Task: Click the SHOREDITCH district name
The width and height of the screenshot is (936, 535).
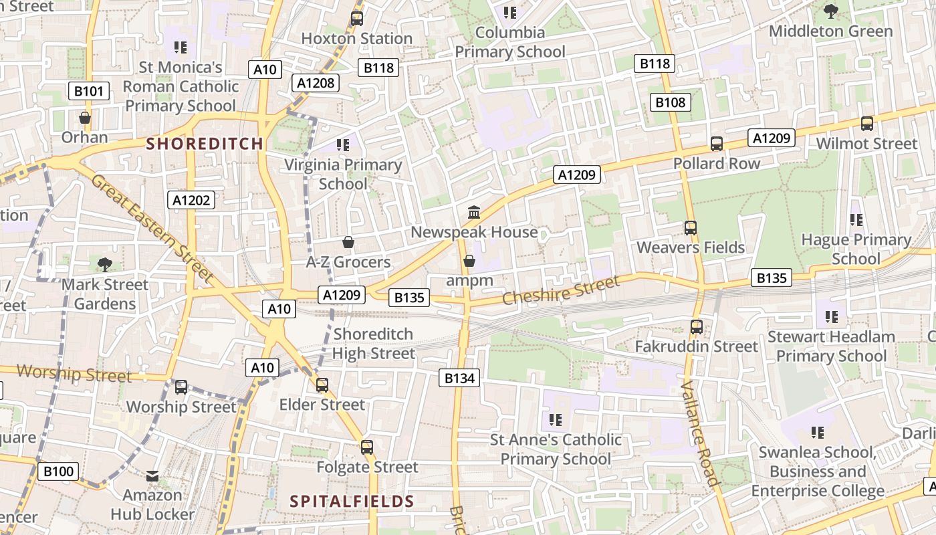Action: point(205,143)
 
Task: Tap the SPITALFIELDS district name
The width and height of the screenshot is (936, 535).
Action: point(352,501)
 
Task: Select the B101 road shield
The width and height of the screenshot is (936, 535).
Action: point(89,91)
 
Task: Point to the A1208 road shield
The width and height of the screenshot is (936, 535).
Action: point(316,83)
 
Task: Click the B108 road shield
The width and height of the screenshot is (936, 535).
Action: point(671,102)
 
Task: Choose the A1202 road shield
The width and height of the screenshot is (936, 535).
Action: point(192,199)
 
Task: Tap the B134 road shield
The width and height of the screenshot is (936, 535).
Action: point(460,378)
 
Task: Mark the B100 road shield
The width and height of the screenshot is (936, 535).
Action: point(58,471)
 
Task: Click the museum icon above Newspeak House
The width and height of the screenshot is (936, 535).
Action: point(474,213)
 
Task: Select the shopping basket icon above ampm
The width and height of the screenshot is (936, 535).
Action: point(469,261)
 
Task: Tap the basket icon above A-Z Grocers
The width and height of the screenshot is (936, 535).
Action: point(348,241)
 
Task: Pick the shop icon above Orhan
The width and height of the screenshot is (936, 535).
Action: point(85,118)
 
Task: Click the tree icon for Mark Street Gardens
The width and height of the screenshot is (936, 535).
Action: point(104,265)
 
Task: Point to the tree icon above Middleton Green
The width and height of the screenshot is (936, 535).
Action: point(831,11)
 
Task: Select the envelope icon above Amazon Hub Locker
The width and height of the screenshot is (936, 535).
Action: point(152,476)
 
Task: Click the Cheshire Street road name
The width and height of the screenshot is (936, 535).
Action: point(560,292)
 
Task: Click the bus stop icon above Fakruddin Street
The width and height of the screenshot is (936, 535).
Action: point(696,327)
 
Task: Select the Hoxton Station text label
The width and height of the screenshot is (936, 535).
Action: point(356,39)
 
